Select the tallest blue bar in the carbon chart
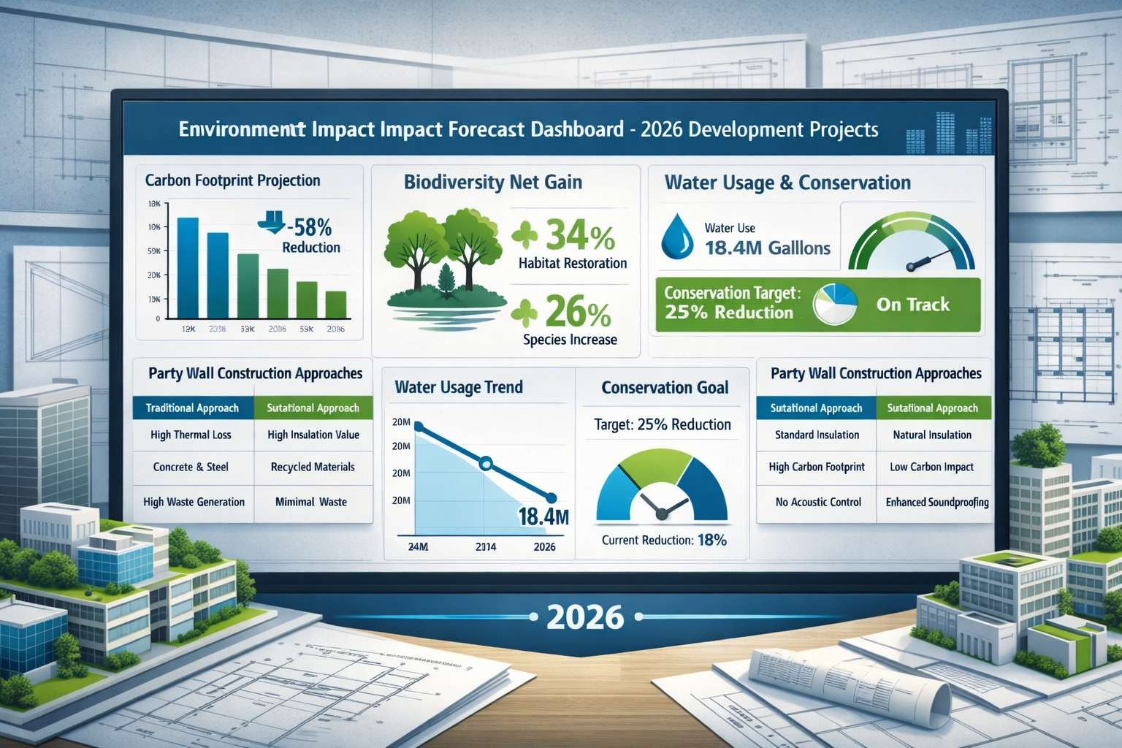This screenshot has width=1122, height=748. point(188,268)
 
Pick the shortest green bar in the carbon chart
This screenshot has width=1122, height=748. point(336,305)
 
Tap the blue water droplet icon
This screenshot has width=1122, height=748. point(676,237)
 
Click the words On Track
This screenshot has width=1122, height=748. point(913,305)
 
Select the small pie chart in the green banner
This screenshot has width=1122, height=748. point(835,305)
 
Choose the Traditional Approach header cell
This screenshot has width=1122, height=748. point(192,408)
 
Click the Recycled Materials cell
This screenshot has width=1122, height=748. point(313,467)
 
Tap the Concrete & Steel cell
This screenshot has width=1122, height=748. point(191,467)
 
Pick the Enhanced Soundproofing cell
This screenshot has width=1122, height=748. point(937,503)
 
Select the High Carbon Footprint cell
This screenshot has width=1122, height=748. point(817,467)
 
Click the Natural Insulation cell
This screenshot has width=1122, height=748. point(932,435)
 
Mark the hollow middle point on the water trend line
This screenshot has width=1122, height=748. point(486,463)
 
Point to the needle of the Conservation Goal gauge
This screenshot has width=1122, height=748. point(663,508)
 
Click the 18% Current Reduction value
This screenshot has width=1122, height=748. point(712,540)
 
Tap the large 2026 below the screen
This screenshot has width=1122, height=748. point(585,617)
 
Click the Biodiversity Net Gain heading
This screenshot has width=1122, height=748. point(493,182)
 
